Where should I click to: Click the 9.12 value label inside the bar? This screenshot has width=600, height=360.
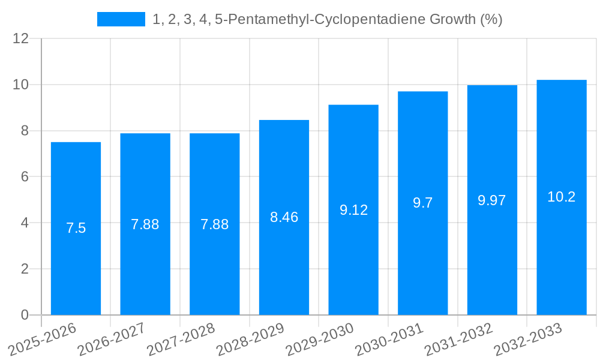[353, 210]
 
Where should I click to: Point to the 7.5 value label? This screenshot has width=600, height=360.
[76, 228]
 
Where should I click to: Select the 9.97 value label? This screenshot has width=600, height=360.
[492, 200]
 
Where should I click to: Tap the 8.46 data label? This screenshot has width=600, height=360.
[284, 217]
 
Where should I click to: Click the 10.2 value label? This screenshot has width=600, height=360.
[562, 197]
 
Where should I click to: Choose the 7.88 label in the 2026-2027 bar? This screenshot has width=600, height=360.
[145, 224]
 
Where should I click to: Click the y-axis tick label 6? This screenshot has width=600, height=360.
[25, 177]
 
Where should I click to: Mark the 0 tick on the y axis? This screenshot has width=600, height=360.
[25, 315]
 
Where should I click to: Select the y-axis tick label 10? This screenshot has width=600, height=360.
[21, 85]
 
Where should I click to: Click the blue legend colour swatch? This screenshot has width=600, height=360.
[121, 19]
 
